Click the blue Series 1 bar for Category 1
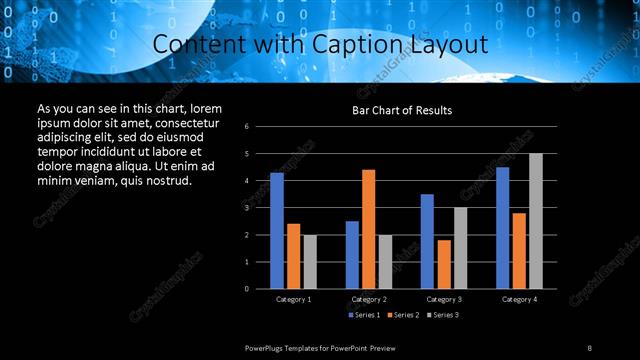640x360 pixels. [x=277, y=231]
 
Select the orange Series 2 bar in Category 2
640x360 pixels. [x=368, y=229]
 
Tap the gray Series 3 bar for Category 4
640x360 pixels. [x=535, y=221]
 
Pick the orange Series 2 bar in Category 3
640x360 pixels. [x=443, y=264]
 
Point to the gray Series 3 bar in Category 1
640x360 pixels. [x=310, y=262]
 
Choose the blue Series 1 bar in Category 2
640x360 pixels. [x=352, y=255]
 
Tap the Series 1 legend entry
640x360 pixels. [x=364, y=315]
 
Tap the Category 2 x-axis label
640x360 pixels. [x=369, y=299]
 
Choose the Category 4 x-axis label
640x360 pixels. [x=518, y=299]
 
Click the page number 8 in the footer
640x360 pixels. [x=589, y=347]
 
